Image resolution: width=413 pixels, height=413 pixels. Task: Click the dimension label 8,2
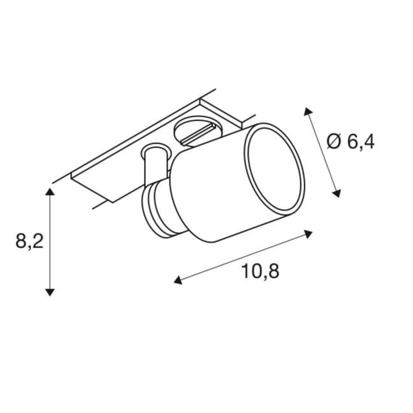(29, 241)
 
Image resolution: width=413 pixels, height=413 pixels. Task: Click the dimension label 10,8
(260, 271)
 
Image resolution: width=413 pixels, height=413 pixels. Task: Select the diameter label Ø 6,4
(351, 142)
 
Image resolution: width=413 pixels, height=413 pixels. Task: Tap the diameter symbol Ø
(334, 142)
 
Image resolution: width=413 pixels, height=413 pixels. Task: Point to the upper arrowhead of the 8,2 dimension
(50, 192)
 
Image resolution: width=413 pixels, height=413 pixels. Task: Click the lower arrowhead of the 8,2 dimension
(50, 292)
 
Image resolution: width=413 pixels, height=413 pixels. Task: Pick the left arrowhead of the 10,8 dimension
(178, 280)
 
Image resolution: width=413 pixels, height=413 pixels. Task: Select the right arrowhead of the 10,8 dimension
(308, 234)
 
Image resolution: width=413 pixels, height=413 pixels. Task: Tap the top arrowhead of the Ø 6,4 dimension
(307, 111)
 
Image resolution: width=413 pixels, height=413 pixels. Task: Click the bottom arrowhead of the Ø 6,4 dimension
(337, 194)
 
